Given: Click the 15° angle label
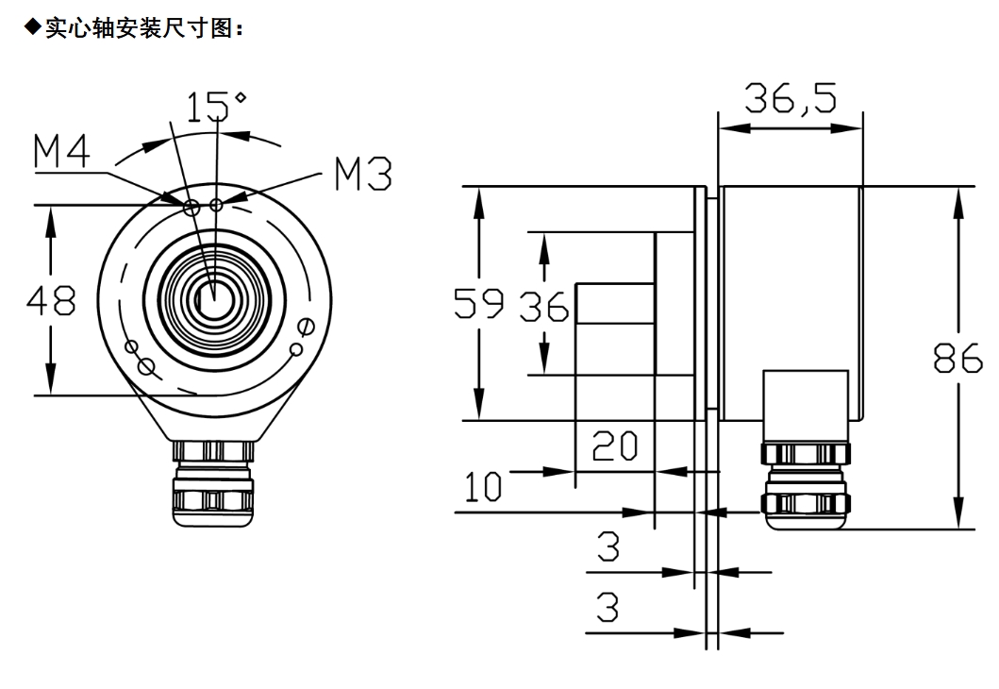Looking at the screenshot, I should tap(216, 108).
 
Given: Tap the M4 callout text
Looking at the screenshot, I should tap(62, 153).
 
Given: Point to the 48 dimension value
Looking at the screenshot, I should tap(52, 302).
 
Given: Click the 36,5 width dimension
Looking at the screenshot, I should tap(791, 98).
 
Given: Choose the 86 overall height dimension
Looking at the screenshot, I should tap(958, 359).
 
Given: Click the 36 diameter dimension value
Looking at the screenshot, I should tap(545, 307).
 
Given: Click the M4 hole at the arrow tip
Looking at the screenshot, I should tap(191, 207).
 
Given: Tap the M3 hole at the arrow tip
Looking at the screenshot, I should tap(217, 205).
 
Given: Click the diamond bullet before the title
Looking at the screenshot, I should tap(37, 29).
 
